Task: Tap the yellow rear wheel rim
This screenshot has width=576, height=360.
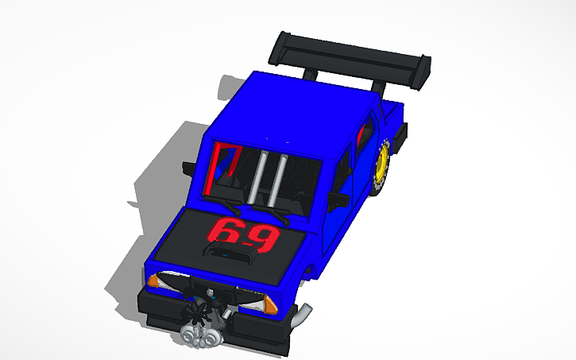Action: point(384,167)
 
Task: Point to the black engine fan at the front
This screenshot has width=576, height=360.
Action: point(205,308)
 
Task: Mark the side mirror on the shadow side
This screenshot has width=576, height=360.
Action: point(187,166)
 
